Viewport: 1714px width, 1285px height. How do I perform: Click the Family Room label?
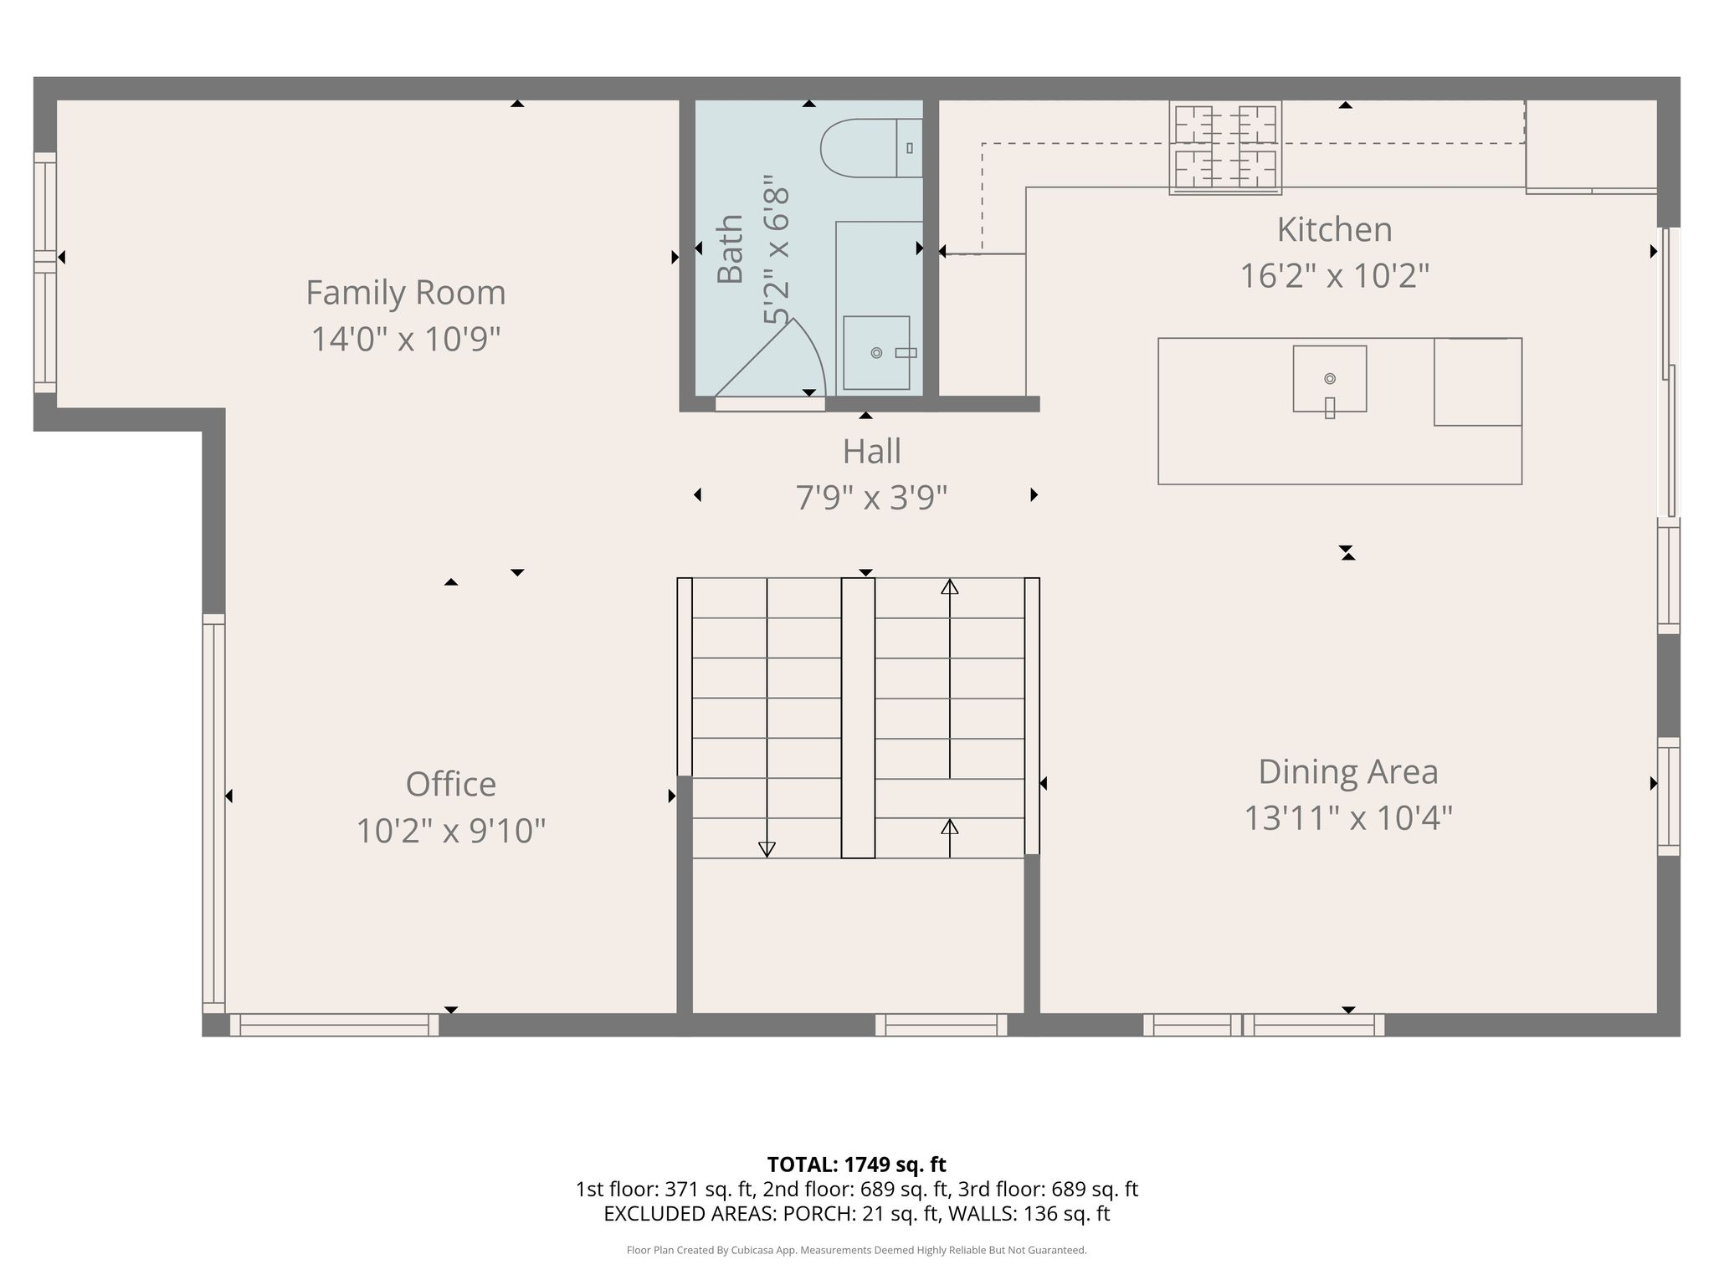click(x=406, y=293)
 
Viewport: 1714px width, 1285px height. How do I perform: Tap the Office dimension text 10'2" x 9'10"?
click(x=451, y=832)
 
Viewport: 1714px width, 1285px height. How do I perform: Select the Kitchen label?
click(x=1334, y=229)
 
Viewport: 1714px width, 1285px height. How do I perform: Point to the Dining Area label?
click(x=1348, y=772)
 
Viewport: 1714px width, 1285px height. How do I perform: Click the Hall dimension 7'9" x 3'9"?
click(x=871, y=498)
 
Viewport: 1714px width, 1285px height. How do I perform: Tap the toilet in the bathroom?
click(x=871, y=148)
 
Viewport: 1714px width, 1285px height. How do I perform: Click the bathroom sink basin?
click(x=876, y=353)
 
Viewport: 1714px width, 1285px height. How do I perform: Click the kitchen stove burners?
click(x=1225, y=148)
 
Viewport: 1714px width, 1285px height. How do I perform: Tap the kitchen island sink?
click(x=1330, y=379)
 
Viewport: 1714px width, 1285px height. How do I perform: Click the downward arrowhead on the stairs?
click(x=767, y=849)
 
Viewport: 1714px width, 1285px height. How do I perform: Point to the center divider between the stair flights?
click(x=858, y=718)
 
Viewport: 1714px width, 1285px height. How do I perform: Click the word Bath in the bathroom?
click(x=731, y=249)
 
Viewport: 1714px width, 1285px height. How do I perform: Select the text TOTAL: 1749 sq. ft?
click(x=856, y=1165)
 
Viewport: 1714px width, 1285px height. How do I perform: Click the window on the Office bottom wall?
click(x=334, y=1025)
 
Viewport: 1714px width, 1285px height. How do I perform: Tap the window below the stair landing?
click(x=942, y=1025)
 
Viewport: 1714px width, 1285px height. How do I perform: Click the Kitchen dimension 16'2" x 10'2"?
click(x=1334, y=276)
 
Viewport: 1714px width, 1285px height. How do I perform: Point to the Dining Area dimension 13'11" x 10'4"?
click(x=1348, y=818)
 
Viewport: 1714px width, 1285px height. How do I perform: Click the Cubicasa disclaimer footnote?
click(x=856, y=1251)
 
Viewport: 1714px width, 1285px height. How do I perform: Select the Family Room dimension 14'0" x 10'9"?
click(x=406, y=340)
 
